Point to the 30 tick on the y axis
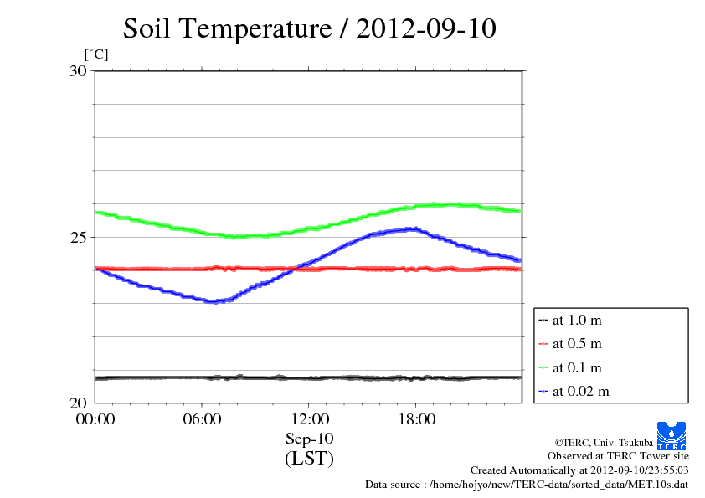click(77, 71)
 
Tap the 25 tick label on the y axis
click(77, 237)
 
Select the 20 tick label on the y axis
click(77, 403)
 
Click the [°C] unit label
click(95, 54)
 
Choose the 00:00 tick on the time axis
click(95, 419)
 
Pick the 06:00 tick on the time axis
click(202, 419)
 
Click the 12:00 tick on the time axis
click(309, 419)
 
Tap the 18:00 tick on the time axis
click(416, 419)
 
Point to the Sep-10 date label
click(309, 439)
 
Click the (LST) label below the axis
click(309, 459)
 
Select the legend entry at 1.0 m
click(577, 320)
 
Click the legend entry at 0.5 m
click(577, 343)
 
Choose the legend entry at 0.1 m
click(577, 367)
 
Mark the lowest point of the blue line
click(214, 301)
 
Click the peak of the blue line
click(412, 228)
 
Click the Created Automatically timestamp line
click(579, 470)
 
